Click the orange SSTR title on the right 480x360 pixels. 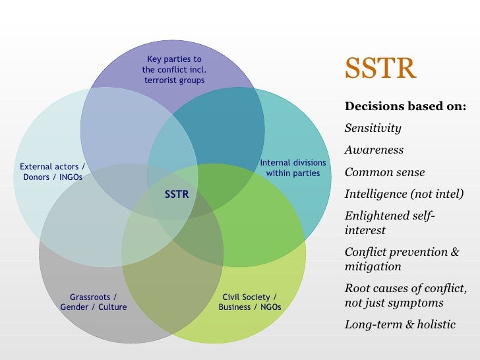(380, 69)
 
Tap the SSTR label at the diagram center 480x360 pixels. (177, 195)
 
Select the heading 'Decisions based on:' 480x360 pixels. (405, 106)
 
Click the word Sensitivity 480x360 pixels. (373, 128)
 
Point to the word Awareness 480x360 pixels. (374, 150)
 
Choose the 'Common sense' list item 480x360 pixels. (384, 173)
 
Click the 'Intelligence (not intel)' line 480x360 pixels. (404, 195)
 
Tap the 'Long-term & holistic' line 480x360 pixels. (400, 326)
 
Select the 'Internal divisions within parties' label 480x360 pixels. (293, 167)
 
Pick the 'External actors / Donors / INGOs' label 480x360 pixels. (53, 172)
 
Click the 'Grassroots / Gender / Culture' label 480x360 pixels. (94, 302)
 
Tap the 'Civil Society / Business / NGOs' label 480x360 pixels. (249, 302)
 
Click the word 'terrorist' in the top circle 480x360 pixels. (162, 80)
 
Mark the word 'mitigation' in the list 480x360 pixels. (373, 267)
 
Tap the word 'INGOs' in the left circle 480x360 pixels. (69, 177)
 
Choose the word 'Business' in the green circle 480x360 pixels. (235, 307)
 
